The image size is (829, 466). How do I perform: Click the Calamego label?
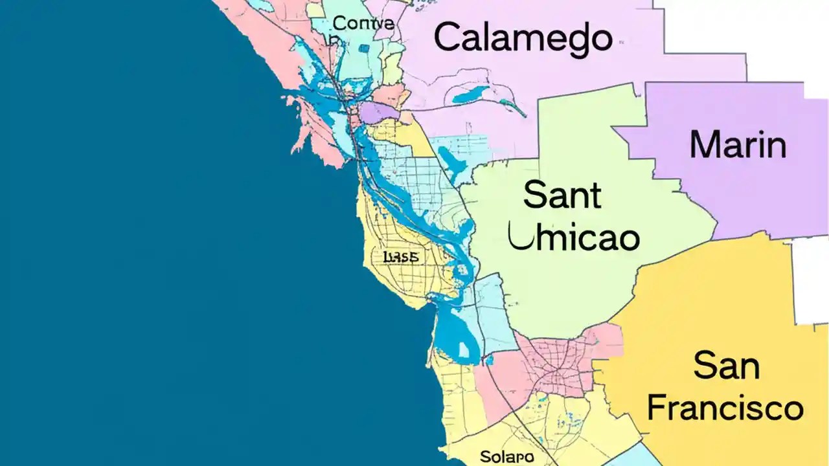(522, 38)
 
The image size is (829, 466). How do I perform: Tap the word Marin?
(738, 144)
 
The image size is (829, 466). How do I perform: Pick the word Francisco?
(725, 408)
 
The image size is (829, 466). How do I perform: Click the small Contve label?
(363, 24)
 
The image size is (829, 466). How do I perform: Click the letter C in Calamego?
(446, 38)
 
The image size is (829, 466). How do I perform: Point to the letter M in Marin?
(704, 144)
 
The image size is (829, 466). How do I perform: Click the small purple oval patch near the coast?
(379, 112)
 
